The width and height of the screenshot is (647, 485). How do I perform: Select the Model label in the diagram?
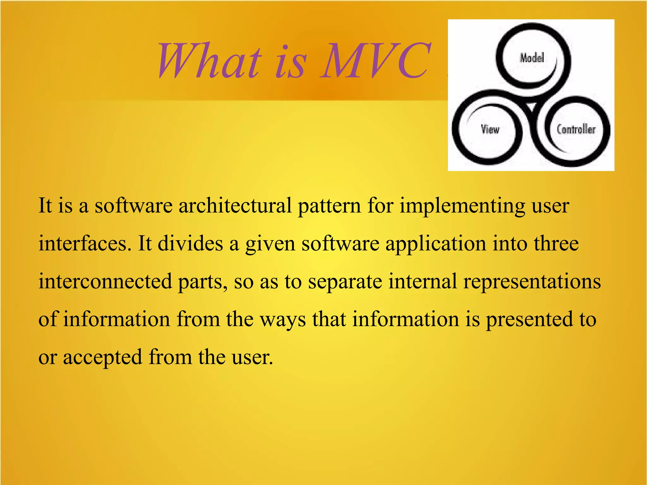click(532, 58)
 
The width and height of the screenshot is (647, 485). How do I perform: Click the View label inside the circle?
click(490, 129)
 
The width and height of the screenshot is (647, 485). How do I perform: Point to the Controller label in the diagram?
click(576, 129)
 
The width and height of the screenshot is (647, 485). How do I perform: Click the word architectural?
click(235, 206)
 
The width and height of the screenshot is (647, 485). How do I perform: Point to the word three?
click(556, 244)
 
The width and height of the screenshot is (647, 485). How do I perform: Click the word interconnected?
click(105, 281)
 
